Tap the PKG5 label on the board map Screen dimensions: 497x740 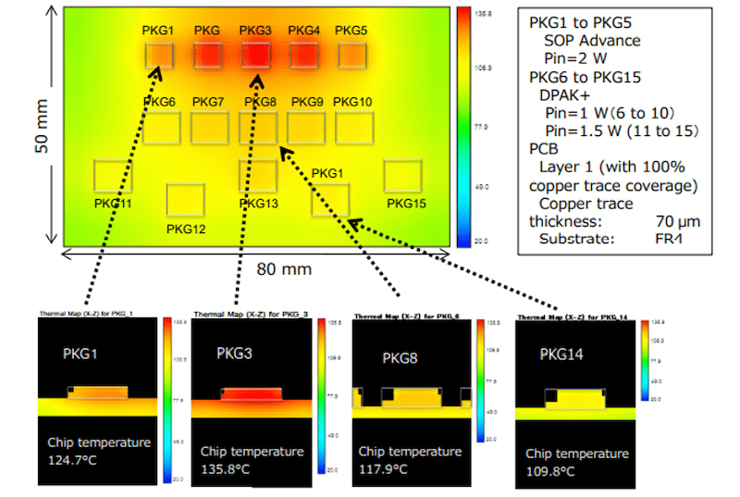pyautogui.click(x=351, y=31)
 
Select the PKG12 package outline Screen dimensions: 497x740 pyautogui.click(x=185, y=200)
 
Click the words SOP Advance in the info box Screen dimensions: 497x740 pyautogui.click(x=591, y=41)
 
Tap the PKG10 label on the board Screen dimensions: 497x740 pyautogui.click(x=352, y=101)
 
